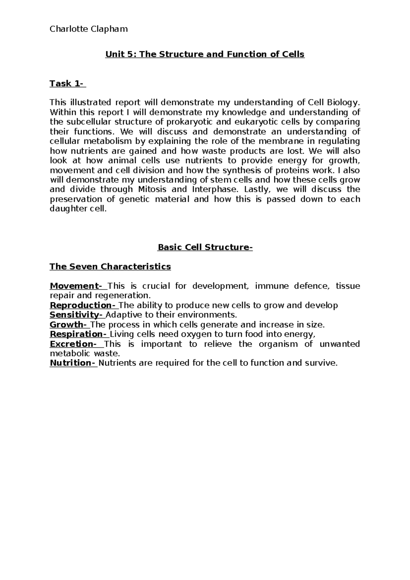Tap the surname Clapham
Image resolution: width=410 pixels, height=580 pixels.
coord(109,29)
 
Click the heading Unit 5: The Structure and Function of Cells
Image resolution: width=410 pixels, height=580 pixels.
coord(205,54)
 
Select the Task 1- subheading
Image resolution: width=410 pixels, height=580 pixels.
coord(67,83)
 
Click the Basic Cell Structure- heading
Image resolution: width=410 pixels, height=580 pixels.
coord(205,247)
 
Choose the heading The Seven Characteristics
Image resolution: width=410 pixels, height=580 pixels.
coord(110,266)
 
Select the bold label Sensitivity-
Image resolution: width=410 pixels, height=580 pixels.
coord(76,315)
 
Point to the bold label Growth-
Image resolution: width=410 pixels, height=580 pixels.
coord(68,324)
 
